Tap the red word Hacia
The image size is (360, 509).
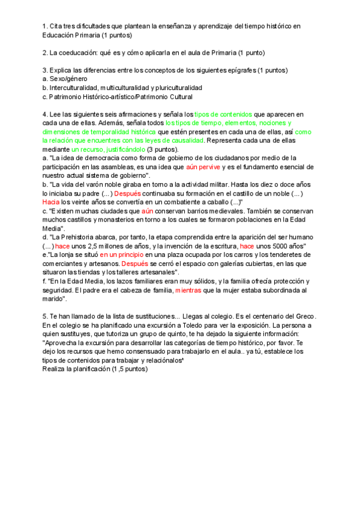tap(52, 202)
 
